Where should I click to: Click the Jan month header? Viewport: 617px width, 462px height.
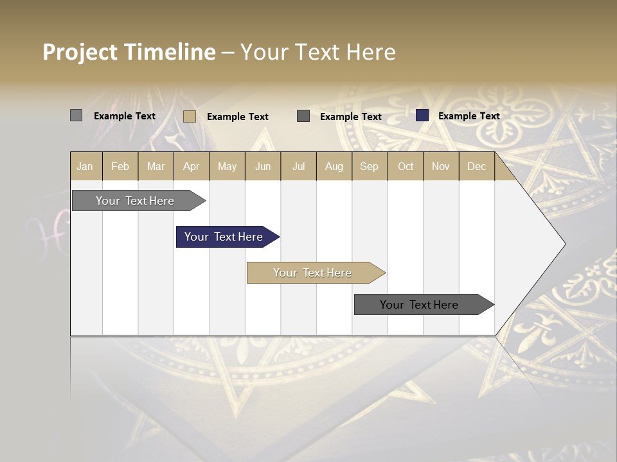(x=85, y=166)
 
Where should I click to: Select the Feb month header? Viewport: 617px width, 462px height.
(x=120, y=166)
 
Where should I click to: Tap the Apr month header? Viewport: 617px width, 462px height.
(x=192, y=166)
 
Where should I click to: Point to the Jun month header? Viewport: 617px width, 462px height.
(x=263, y=166)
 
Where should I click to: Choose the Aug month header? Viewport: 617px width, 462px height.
(x=334, y=166)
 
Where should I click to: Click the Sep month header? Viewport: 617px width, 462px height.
(x=370, y=166)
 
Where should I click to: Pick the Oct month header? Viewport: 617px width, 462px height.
(x=406, y=166)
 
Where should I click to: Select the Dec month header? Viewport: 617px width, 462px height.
(x=477, y=166)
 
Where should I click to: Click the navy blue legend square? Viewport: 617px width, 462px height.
(x=422, y=116)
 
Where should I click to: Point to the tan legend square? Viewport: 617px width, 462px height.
(x=190, y=116)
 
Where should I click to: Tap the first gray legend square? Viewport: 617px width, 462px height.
(x=76, y=116)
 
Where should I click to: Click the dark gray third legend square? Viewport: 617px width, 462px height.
(x=303, y=116)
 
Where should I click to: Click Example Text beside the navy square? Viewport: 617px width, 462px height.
(x=469, y=116)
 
